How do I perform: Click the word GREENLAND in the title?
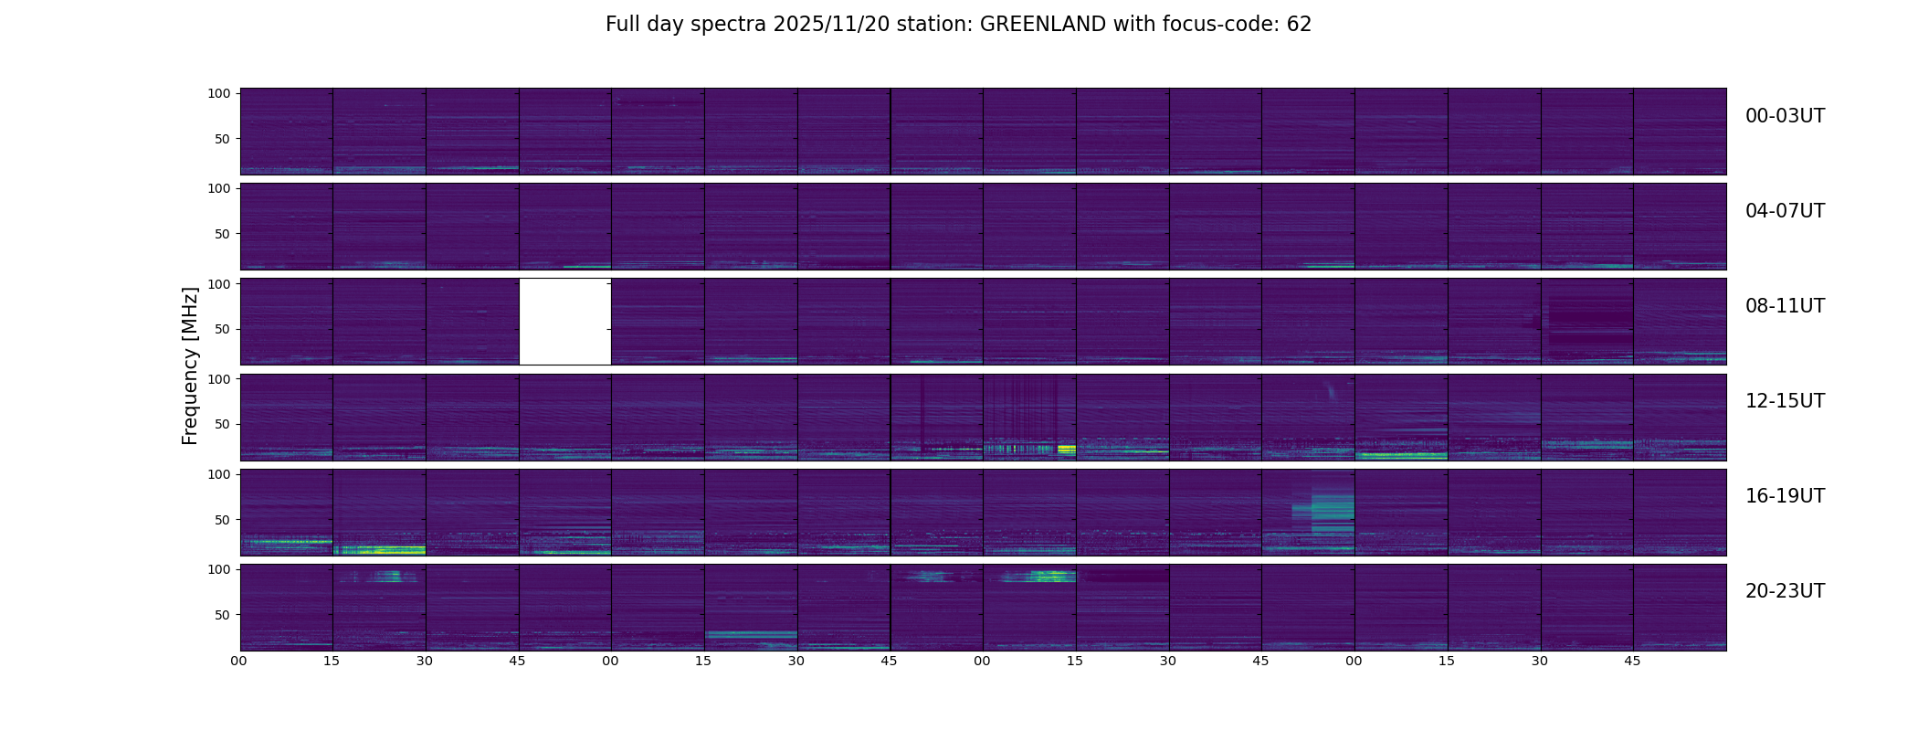click(1043, 25)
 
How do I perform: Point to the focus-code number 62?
click(1299, 25)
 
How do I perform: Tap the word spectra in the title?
click(730, 25)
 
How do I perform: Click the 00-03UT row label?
click(1785, 116)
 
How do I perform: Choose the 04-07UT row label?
click(1785, 211)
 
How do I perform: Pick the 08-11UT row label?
click(1785, 306)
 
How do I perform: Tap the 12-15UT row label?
click(1785, 401)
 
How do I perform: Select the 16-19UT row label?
click(1785, 496)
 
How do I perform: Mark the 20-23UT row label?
click(1785, 591)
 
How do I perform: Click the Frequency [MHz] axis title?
click(190, 365)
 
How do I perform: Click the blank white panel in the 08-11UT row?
click(564, 321)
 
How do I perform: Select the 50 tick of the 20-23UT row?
click(222, 615)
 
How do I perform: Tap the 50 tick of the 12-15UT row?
click(222, 424)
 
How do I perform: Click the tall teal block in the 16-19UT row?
click(1332, 512)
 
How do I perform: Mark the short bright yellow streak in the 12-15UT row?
click(1066, 449)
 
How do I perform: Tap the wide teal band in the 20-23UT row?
click(751, 633)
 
